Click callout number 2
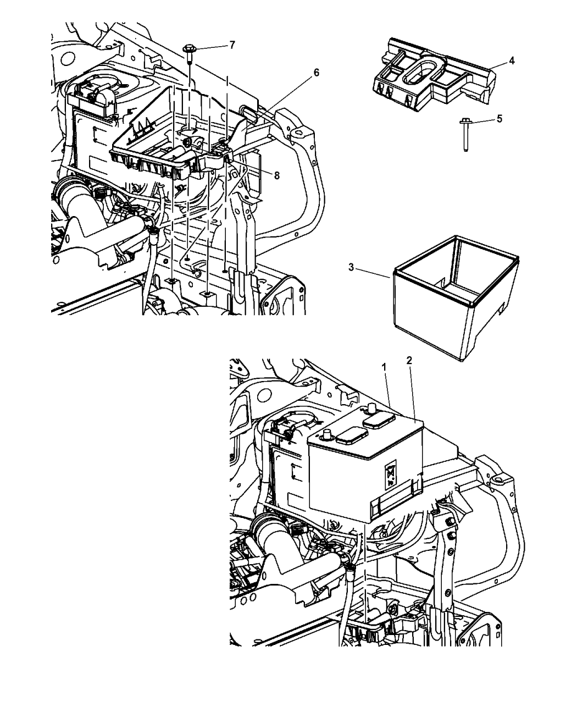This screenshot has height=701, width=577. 408,361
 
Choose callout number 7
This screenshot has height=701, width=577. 232,45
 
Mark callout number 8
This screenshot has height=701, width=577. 276,175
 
